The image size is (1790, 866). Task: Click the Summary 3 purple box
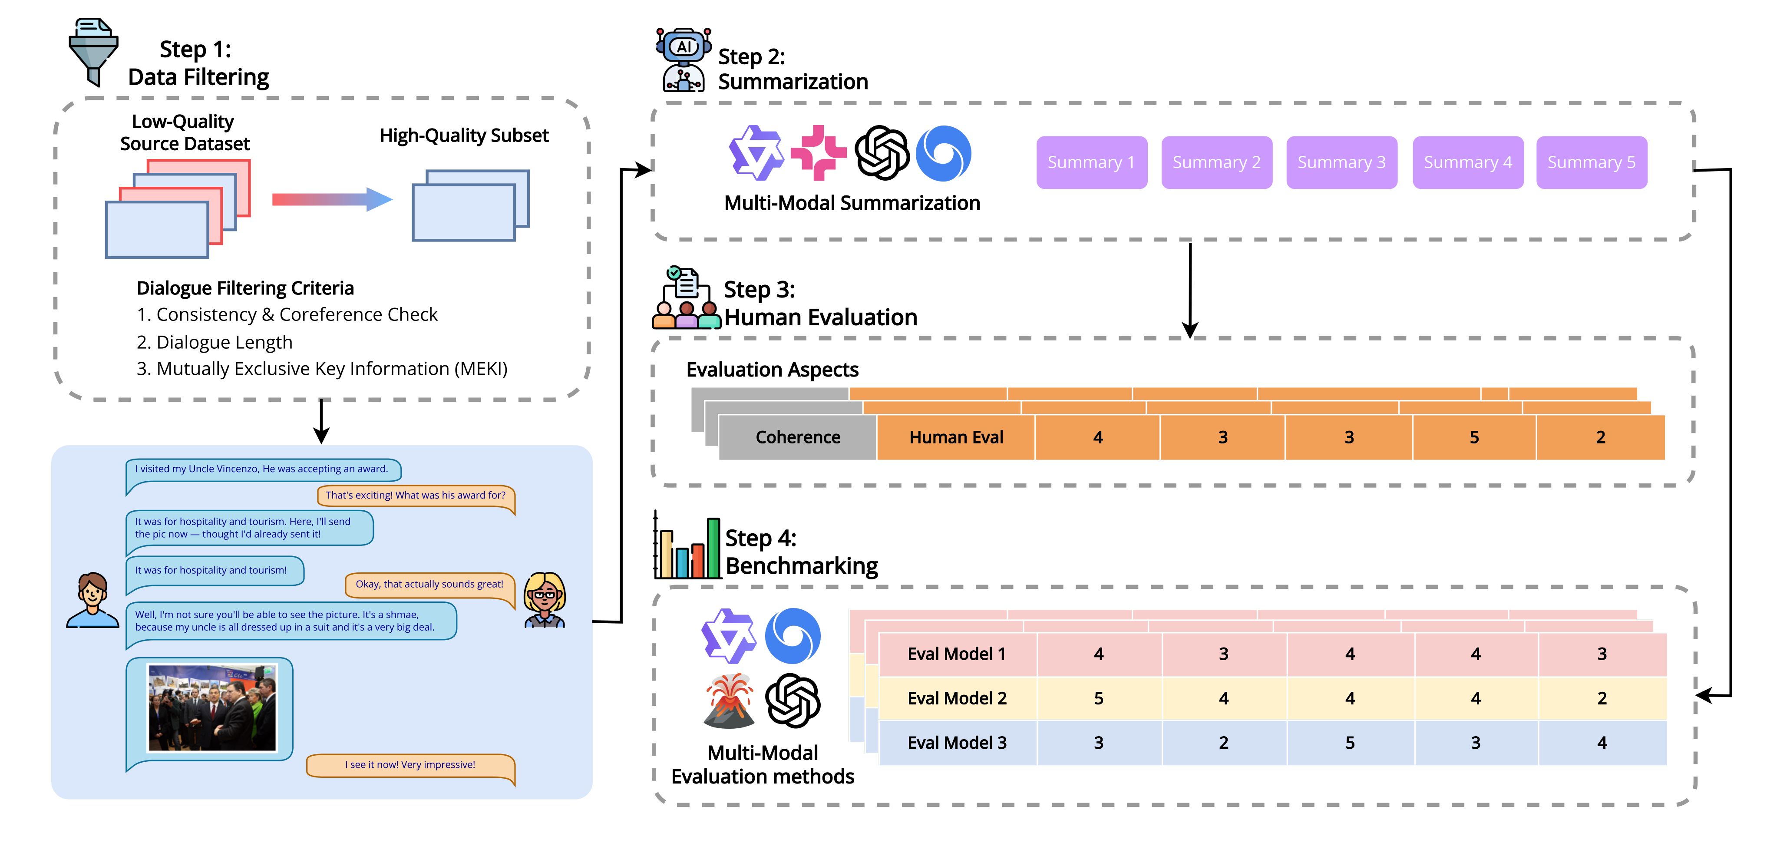point(1341,162)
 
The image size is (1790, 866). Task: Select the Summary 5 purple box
point(1591,162)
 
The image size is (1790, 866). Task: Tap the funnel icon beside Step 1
point(93,52)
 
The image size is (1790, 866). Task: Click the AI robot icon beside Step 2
point(684,60)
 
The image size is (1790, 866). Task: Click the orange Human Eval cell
point(956,437)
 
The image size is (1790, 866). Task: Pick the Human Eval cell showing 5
point(1474,437)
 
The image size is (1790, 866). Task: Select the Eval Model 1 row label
point(957,654)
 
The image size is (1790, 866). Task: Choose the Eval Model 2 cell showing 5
point(1099,698)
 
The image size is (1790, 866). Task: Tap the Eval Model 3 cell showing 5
point(1350,743)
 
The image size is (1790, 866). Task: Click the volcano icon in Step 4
point(728,701)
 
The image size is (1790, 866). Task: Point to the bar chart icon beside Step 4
point(687,547)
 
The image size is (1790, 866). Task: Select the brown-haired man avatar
point(92,600)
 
